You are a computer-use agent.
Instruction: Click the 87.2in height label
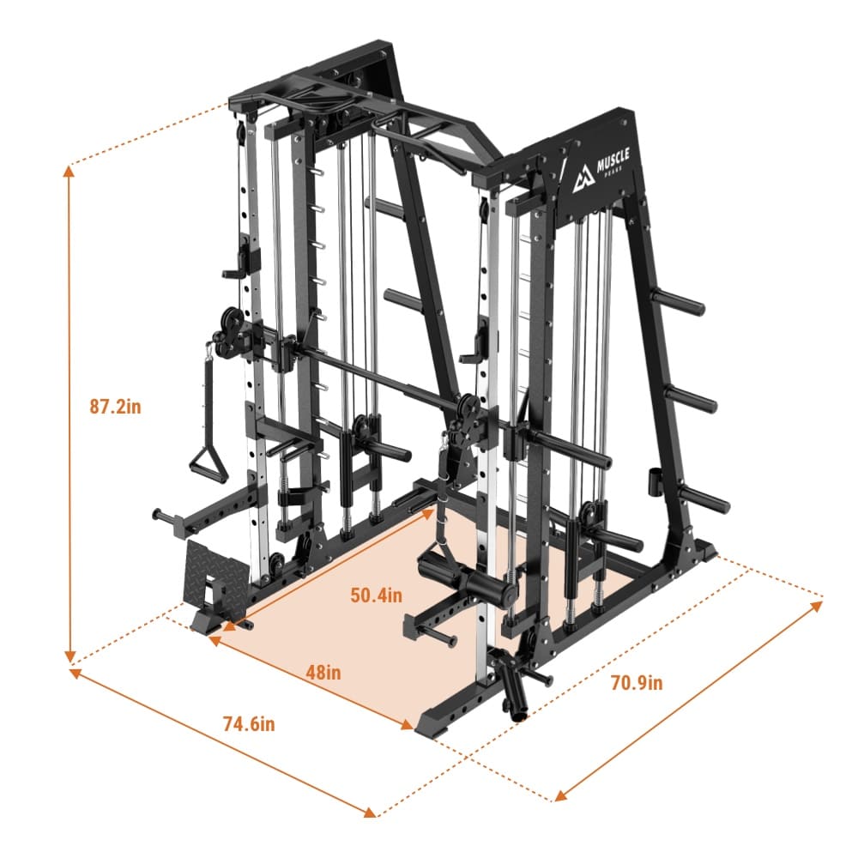(116, 407)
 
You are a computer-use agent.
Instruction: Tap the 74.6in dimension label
(249, 724)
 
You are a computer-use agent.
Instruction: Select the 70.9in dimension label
(637, 682)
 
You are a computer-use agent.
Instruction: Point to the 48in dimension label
(323, 672)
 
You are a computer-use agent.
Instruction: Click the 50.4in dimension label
(376, 595)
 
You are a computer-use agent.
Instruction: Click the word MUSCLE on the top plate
(613, 159)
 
